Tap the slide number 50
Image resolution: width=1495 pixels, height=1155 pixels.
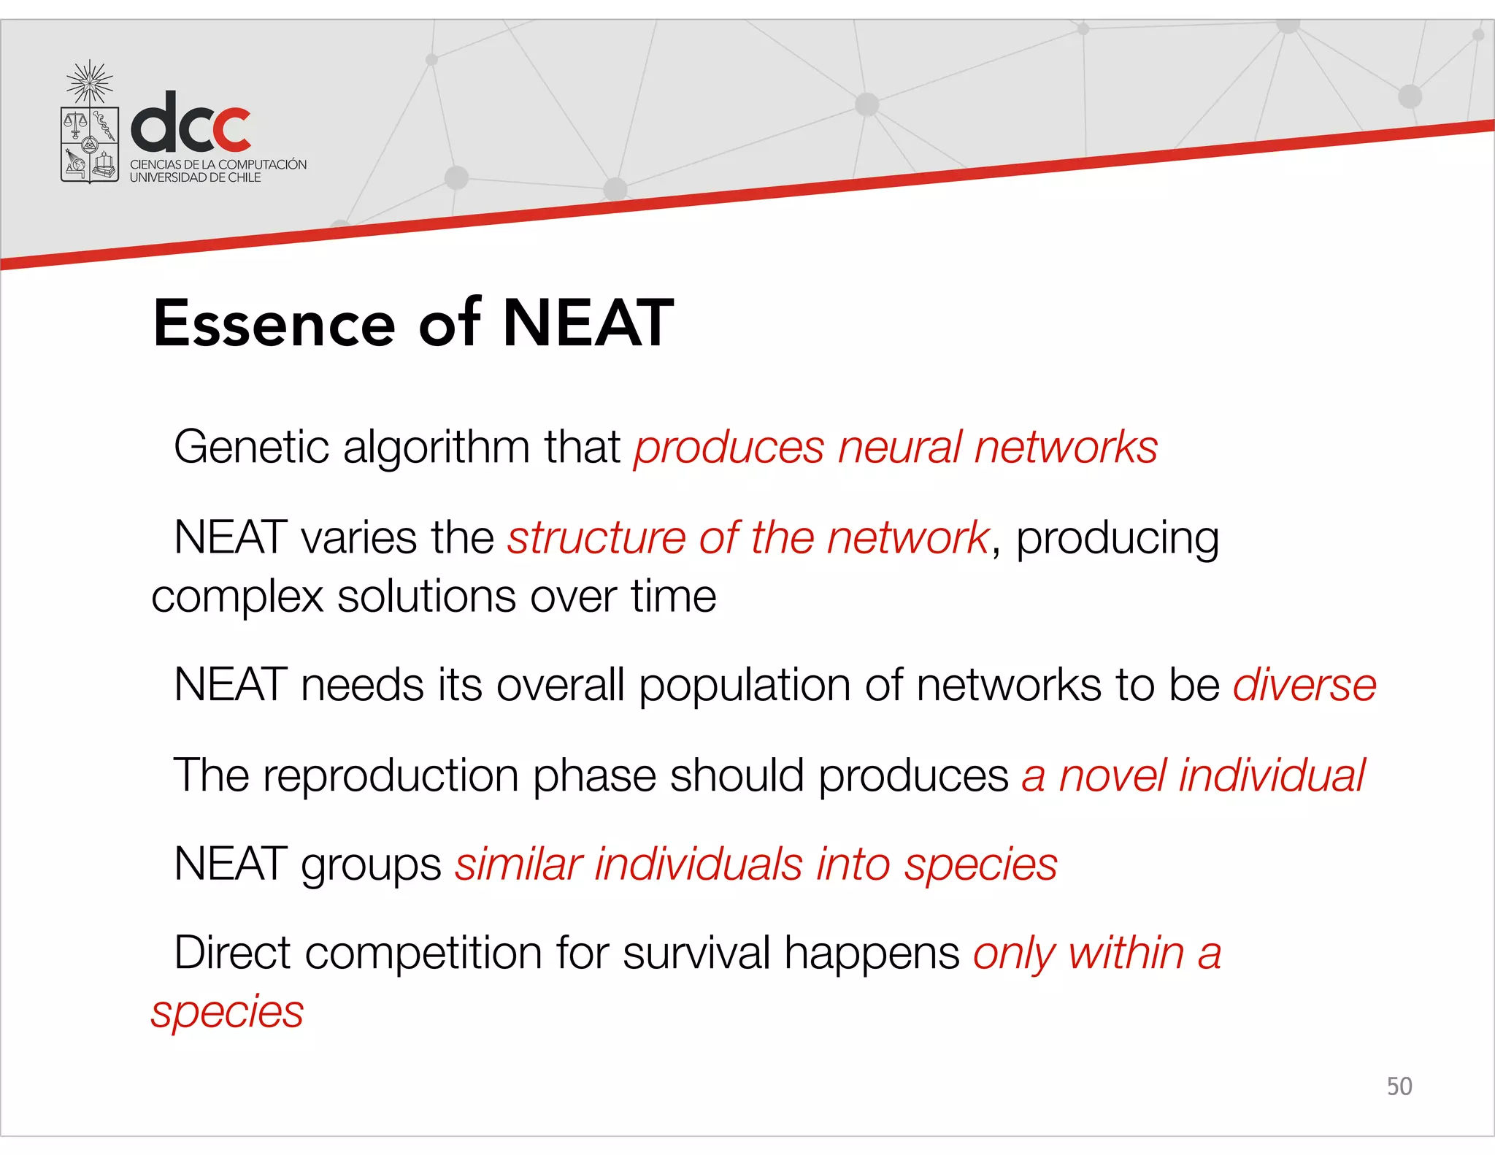(x=1399, y=1086)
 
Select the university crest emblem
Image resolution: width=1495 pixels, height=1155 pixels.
(x=90, y=132)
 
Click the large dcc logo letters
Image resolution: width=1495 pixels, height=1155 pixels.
(x=191, y=122)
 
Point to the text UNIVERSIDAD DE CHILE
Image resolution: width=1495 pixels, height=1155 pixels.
(x=195, y=177)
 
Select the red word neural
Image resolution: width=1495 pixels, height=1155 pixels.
(x=899, y=447)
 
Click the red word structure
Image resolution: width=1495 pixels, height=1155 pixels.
(x=596, y=538)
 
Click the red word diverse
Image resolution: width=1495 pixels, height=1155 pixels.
(x=1304, y=686)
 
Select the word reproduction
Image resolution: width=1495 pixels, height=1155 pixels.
(x=391, y=775)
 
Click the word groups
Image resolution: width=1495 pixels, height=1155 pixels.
(x=371, y=866)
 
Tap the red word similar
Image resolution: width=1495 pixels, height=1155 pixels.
(x=518, y=865)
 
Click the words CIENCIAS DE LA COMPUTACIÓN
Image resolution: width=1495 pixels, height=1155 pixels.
(x=218, y=164)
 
